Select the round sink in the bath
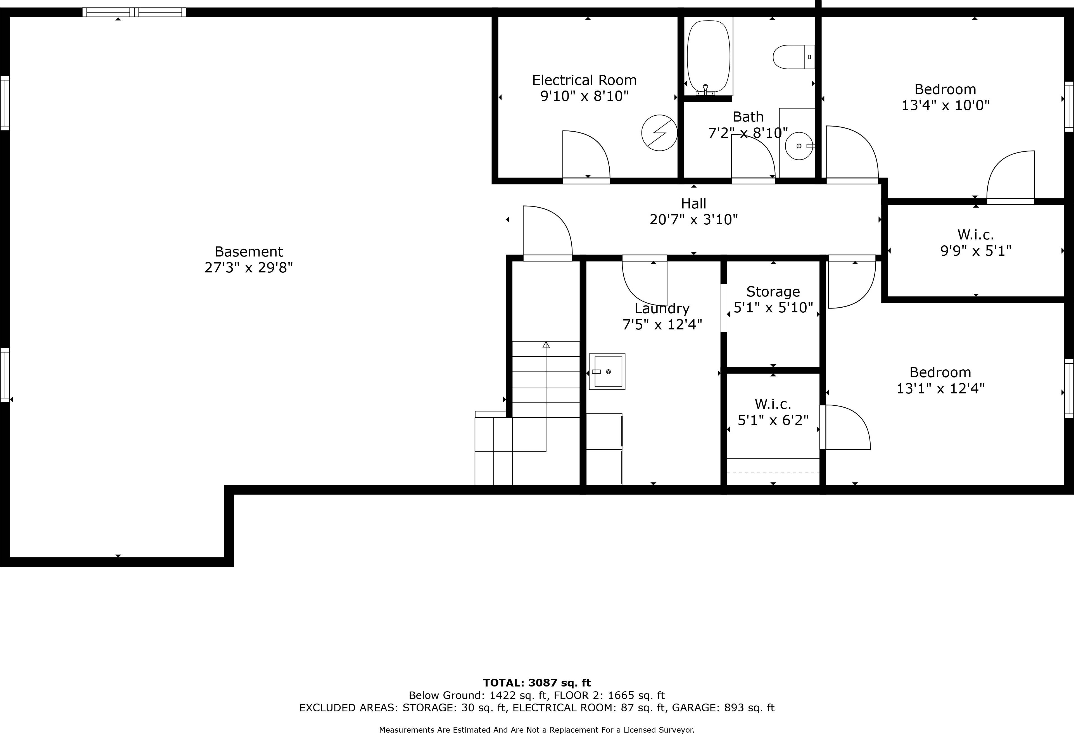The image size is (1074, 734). (799, 146)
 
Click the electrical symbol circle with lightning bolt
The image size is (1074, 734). (659, 133)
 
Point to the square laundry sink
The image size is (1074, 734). (607, 372)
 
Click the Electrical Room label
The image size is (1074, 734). (584, 80)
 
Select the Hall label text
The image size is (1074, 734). (693, 203)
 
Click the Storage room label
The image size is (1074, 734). (773, 292)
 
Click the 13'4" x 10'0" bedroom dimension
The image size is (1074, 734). (945, 105)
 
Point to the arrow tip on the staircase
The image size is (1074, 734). (546, 344)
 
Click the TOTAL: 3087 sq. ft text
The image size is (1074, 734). (536, 683)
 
